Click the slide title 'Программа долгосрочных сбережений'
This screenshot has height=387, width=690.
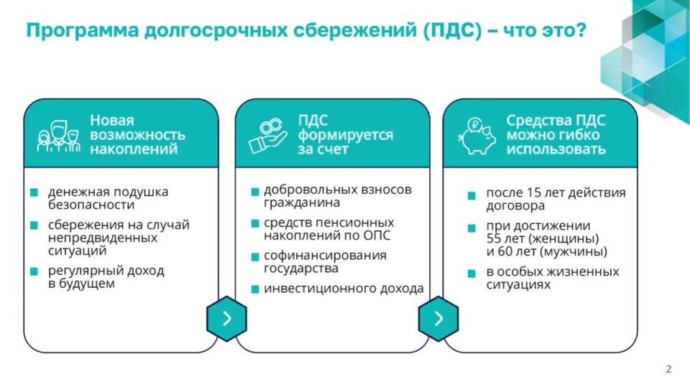[x=305, y=31]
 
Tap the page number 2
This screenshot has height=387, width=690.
[x=668, y=369]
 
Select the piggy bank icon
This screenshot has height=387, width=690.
[x=476, y=136]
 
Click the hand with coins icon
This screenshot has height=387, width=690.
[x=267, y=136]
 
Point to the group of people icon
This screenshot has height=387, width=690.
[x=57, y=136]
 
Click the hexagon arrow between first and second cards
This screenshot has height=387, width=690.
[x=226, y=318]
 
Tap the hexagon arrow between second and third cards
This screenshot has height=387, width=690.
[x=438, y=318]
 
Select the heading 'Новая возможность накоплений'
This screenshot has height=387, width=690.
[x=137, y=135]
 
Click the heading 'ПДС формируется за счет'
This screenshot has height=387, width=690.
[x=345, y=135]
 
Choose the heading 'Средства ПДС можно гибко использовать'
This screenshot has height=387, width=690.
[x=556, y=135]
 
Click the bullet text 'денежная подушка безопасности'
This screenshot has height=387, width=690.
[x=108, y=198]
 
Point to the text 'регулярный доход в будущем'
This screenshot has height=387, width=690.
[x=106, y=277]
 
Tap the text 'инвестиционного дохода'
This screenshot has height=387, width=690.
[x=344, y=289]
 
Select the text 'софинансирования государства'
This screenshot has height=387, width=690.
[x=325, y=262]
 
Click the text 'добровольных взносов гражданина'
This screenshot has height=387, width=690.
[x=338, y=196]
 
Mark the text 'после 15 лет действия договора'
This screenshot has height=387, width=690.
[x=556, y=199]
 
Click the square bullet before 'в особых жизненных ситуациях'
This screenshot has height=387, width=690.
[x=471, y=274]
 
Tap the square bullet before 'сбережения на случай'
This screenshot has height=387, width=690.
[x=34, y=225]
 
